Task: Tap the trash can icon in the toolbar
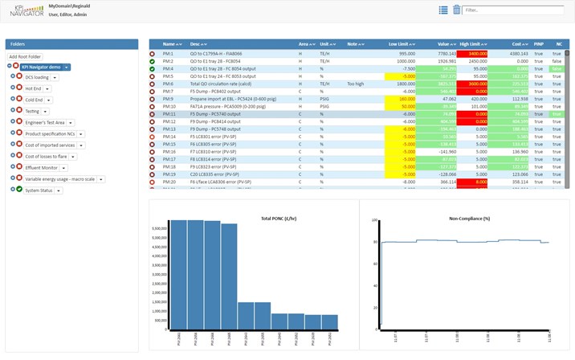[x=457, y=10]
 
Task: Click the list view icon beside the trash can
[x=443, y=10]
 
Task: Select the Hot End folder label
[x=33, y=88]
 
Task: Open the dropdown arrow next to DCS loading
[x=56, y=77]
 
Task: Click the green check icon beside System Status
[x=18, y=190]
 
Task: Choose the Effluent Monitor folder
[x=42, y=167]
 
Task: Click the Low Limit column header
[x=398, y=44]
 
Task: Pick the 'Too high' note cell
[x=356, y=84]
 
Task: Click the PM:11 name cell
[x=169, y=114]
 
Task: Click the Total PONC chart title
[x=275, y=219]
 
